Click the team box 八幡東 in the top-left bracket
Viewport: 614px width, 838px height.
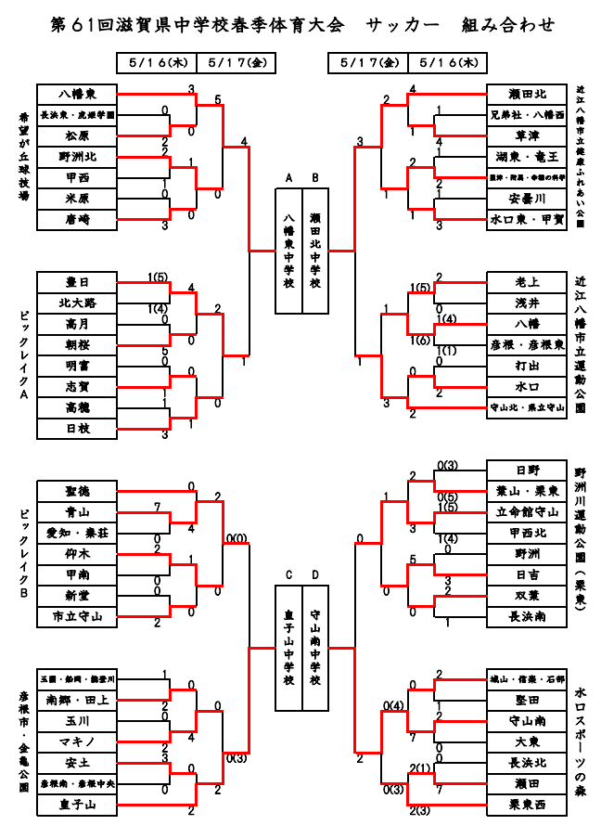[x=77, y=94]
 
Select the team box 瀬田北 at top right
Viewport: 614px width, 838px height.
[x=526, y=94]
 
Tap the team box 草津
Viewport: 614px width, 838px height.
[x=526, y=135]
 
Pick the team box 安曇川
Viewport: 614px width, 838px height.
[x=526, y=199]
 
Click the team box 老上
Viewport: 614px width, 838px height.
[x=526, y=282]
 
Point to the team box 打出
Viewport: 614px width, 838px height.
[x=526, y=366]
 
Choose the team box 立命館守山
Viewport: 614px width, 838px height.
[x=526, y=511]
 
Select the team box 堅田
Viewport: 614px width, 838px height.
[x=526, y=700]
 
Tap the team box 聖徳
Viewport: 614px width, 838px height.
[x=77, y=490]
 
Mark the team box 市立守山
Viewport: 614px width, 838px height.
[x=77, y=616]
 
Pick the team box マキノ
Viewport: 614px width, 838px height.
[x=77, y=741]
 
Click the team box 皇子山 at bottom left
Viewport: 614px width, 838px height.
[x=77, y=805]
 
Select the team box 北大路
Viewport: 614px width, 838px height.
[x=77, y=303]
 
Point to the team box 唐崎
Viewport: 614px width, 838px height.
[x=77, y=219]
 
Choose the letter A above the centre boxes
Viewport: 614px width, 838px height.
[x=288, y=178]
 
